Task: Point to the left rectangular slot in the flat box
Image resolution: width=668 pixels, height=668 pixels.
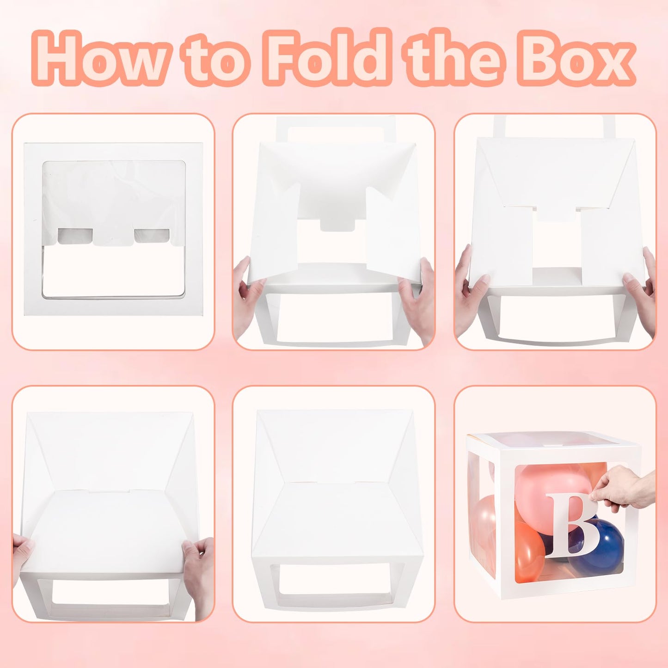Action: pos(75,236)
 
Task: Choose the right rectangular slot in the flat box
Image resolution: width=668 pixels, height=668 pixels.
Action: pos(152,236)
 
